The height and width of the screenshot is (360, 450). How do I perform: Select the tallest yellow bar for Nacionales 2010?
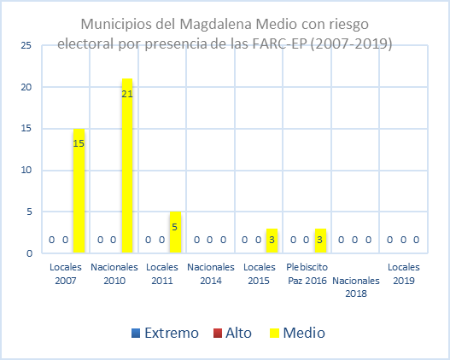tap(127, 165)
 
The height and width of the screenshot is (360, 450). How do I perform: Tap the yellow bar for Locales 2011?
tap(176, 232)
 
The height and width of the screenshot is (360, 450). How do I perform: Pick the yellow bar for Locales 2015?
tap(272, 241)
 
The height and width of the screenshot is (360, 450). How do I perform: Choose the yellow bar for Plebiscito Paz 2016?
tap(321, 241)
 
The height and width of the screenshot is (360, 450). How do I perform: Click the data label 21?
tap(127, 93)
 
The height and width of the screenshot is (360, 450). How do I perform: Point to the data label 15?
tap(79, 143)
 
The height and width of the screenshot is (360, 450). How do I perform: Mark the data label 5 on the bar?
tap(176, 227)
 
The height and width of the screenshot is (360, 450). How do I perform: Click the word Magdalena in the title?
tap(224, 23)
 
